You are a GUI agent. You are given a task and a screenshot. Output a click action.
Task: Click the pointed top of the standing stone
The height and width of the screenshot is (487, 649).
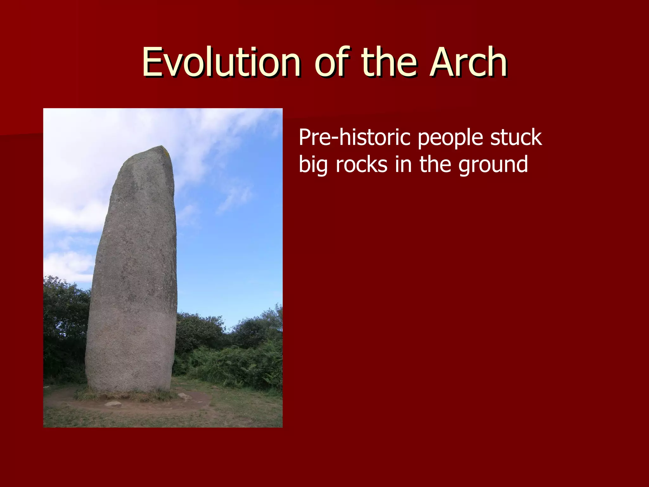click(162, 148)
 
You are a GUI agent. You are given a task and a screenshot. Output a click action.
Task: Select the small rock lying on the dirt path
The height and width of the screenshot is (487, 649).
click(113, 404)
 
